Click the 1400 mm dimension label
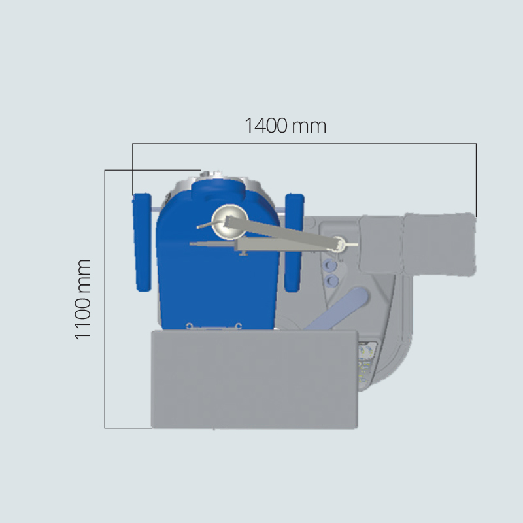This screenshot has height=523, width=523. (285, 126)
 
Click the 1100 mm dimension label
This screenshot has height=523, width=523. (82, 299)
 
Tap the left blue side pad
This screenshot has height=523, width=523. (143, 243)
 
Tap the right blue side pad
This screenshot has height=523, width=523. (294, 243)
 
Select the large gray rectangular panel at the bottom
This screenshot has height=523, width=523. (254, 379)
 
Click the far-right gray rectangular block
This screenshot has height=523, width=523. (439, 245)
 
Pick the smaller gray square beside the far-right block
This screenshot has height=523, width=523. (381, 245)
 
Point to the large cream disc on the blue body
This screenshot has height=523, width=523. (230, 222)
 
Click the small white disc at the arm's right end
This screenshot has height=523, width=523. (338, 244)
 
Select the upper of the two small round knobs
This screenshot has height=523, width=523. (330, 265)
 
